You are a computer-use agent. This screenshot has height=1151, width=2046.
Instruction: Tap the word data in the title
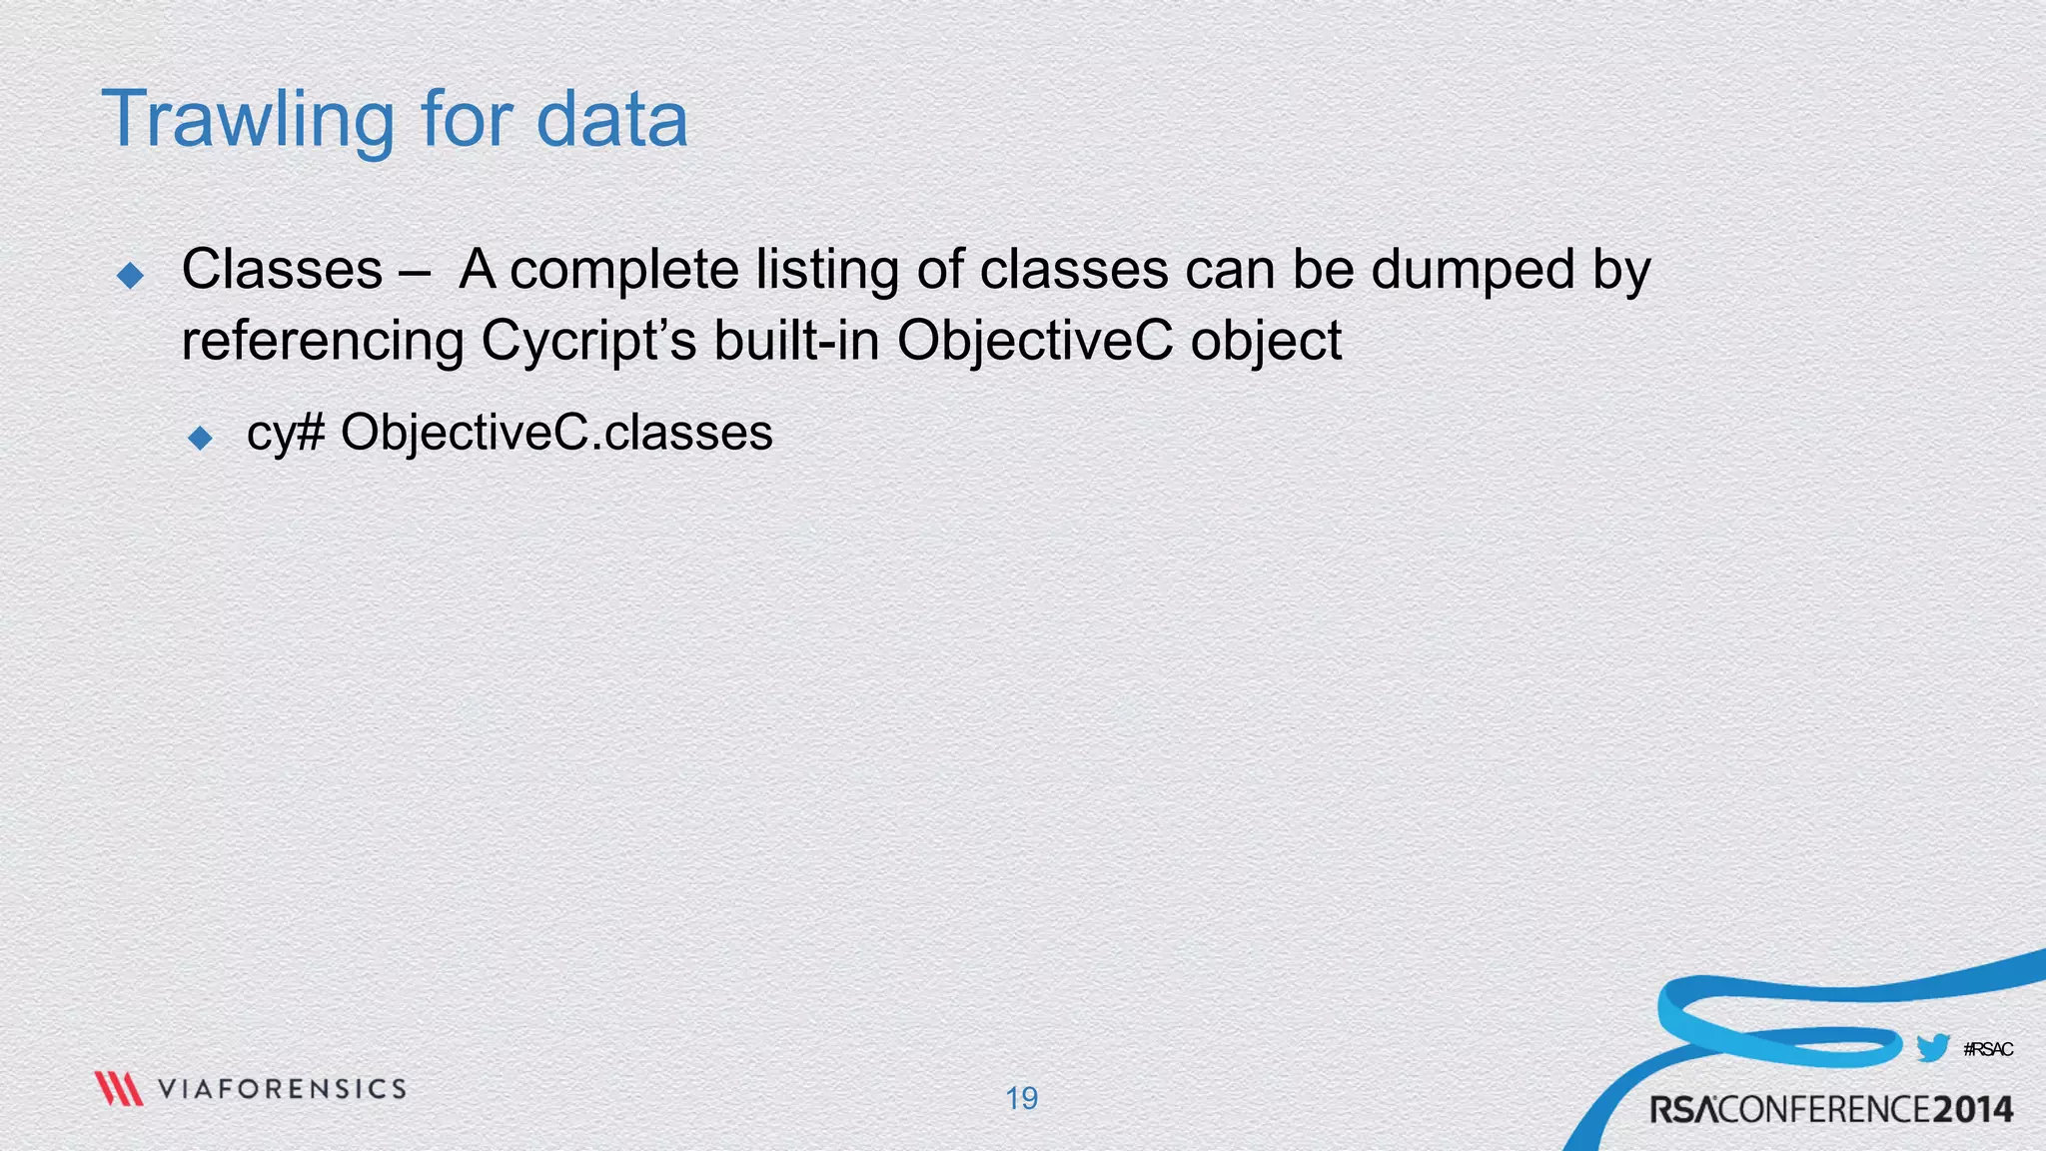(x=611, y=120)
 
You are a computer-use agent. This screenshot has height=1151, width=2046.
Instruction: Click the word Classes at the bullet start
(x=282, y=270)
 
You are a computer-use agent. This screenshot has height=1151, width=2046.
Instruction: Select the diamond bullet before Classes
(x=131, y=275)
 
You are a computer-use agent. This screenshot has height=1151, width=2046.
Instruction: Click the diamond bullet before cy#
(x=201, y=438)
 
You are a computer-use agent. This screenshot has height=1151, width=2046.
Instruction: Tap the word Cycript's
(x=588, y=341)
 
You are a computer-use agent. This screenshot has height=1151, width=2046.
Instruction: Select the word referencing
(x=322, y=341)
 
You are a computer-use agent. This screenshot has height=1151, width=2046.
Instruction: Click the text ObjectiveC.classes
(x=556, y=433)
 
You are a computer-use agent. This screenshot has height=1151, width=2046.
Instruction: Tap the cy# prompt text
(x=286, y=434)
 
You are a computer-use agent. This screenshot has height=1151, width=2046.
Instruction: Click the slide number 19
(x=1021, y=1098)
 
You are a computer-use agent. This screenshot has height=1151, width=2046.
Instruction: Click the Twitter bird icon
(x=1932, y=1048)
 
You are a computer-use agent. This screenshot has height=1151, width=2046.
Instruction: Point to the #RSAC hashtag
(x=1987, y=1049)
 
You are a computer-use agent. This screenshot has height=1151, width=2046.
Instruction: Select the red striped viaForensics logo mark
(x=119, y=1088)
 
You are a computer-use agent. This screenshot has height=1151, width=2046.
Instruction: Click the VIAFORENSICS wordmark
(x=282, y=1088)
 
